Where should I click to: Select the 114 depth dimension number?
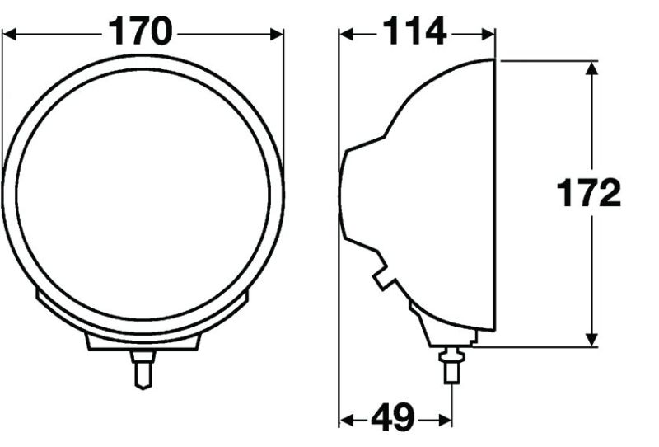point(414,33)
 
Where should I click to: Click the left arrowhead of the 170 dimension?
point(10,34)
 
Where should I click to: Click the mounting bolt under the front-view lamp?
point(143,368)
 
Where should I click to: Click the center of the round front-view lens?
point(143,195)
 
